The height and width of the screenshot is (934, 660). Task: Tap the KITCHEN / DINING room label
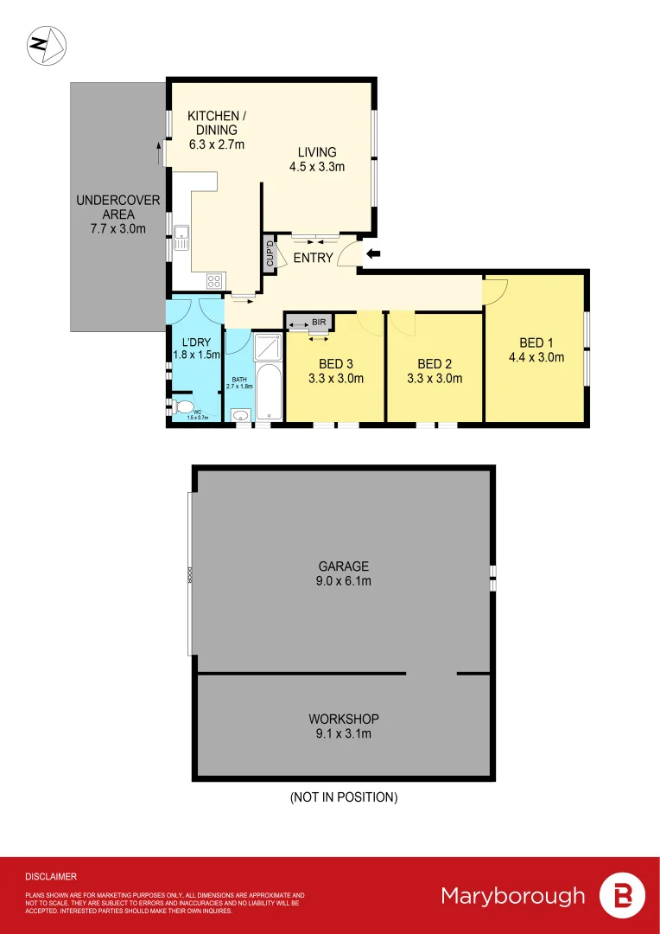pos(216,130)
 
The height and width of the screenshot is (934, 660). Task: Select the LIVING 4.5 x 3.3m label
pos(317,159)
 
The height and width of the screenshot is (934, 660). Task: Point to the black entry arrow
pos(374,253)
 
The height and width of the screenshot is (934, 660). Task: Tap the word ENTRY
pos(314,258)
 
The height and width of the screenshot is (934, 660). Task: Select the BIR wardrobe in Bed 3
pos(308,323)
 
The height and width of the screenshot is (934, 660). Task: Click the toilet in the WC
pos(182,406)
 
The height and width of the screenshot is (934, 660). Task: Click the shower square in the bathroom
pos(268,348)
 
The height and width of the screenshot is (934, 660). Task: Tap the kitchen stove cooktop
pos(213,281)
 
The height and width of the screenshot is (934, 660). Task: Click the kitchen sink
pos(181,237)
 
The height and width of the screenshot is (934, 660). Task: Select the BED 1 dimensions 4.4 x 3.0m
pos(536,356)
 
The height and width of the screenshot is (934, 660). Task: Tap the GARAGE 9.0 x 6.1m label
pos(343,574)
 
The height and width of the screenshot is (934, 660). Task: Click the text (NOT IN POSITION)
pos(343,797)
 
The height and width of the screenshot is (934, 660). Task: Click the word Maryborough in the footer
pos(512,895)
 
